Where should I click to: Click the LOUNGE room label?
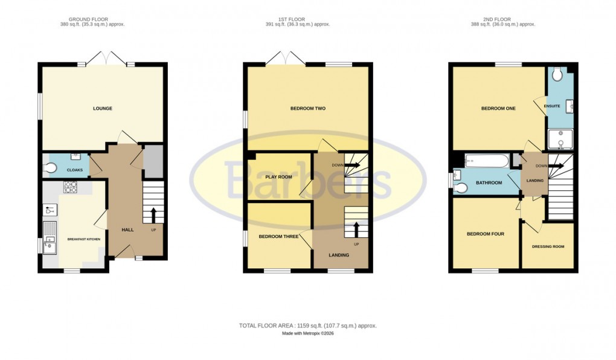[x=103, y=109]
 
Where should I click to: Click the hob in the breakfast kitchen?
[x=70, y=188]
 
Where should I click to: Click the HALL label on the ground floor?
[x=127, y=230]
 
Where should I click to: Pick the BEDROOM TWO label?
[x=308, y=109]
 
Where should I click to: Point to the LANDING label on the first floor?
[x=339, y=255]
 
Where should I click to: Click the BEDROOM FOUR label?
[x=485, y=234]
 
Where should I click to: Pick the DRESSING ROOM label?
[x=548, y=246]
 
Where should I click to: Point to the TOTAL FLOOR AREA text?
[x=308, y=326]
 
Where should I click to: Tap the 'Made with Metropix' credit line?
[x=308, y=333]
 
